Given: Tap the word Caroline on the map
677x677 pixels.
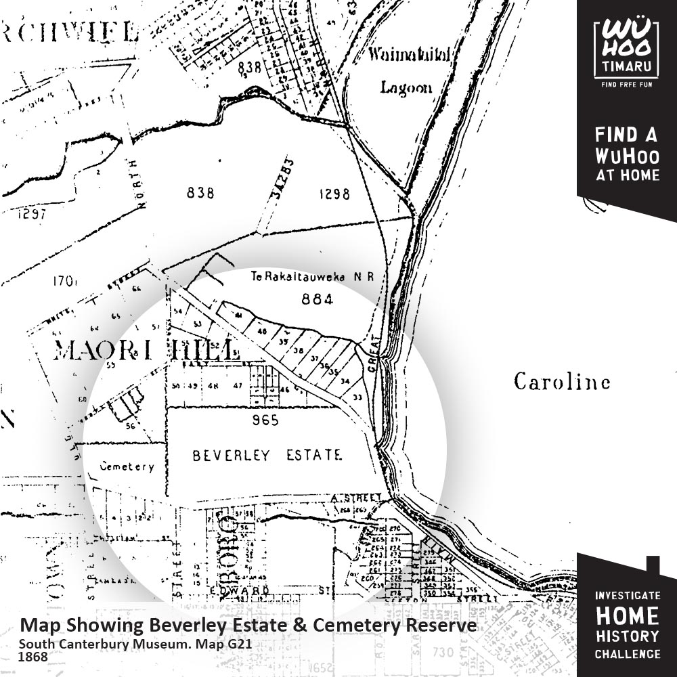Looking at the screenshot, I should (x=561, y=382).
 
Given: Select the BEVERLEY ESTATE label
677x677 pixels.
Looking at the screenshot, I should (x=267, y=455).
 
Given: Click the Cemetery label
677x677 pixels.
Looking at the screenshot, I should (x=127, y=466).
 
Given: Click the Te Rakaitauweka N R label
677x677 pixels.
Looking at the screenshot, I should (x=312, y=277).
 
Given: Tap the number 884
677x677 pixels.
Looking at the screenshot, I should (x=318, y=299).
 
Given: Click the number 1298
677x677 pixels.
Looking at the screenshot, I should (x=334, y=194).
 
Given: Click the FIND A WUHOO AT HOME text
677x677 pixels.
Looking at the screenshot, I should (x=626, y=154).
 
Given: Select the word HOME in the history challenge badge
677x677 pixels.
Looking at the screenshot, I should (x=626, y=616).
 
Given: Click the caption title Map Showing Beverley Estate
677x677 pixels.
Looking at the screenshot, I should (x=248, y=626).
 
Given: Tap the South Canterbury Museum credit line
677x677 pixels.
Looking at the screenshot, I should (x=135, y=643).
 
